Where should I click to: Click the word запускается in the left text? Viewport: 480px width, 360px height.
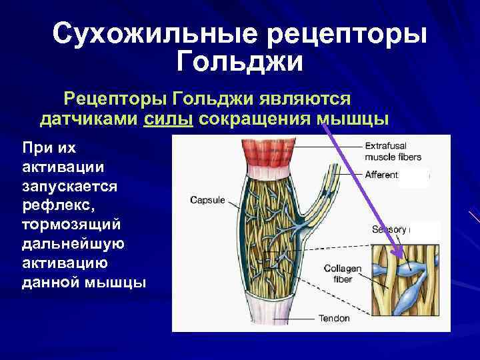(70, 186)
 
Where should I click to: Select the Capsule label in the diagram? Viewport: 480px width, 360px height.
(207, 199)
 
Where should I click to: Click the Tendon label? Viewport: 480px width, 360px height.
(333, 318)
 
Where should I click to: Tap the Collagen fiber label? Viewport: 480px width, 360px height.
(343, 273)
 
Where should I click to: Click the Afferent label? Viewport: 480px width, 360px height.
(381, 175)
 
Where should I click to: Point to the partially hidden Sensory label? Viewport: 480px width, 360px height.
(389, 229)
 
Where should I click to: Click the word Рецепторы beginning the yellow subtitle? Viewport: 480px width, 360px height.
(113, 99)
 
